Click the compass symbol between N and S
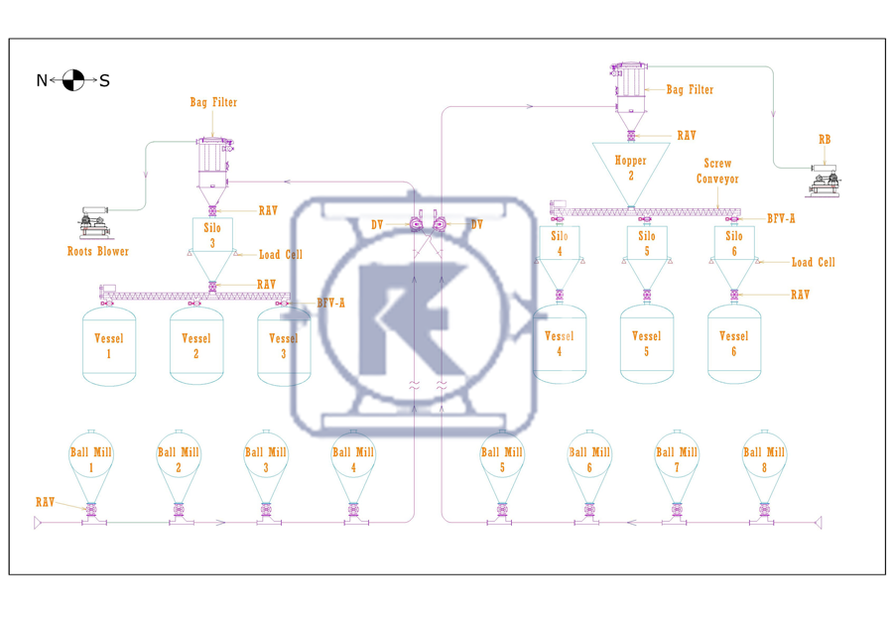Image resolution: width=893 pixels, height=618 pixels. point(72,80)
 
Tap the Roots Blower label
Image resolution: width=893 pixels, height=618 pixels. point(98,251)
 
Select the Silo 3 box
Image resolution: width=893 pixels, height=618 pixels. point(210,234)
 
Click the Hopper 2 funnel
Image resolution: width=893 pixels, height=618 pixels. point(630,169)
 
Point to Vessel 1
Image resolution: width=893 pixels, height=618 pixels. point(109,345)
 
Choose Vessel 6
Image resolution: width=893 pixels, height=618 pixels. point(734,344)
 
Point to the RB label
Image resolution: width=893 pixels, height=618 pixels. point(825,140)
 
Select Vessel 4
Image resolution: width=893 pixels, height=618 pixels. point(560,344)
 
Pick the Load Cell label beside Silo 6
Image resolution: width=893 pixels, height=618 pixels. point(813,263)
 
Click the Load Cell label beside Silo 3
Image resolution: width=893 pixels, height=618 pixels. point(281,255)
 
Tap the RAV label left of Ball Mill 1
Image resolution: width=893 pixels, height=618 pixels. point(45,502)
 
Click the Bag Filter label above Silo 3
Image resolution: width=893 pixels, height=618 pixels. point(213,102)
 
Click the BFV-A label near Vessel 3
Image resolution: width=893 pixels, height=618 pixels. point(331,303)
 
